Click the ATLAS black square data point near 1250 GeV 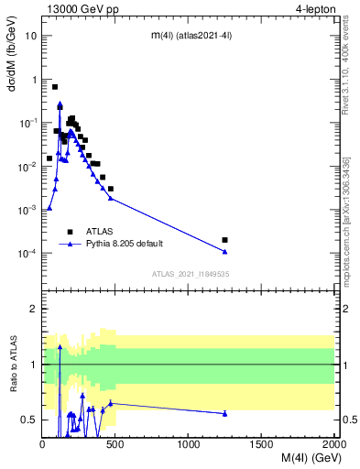pos(225,240)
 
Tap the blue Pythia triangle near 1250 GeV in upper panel pos(225,252)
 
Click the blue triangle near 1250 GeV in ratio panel pos(225,413)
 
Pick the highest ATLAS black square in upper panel pos(55,87)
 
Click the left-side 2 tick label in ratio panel pos(34,310)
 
